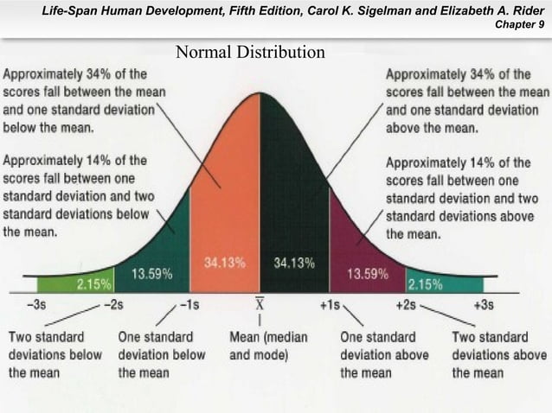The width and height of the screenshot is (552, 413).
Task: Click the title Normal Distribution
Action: coord(250,54)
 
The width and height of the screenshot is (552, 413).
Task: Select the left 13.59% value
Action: coord(151,274)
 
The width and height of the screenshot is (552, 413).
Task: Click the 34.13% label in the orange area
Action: coord(224,261)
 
